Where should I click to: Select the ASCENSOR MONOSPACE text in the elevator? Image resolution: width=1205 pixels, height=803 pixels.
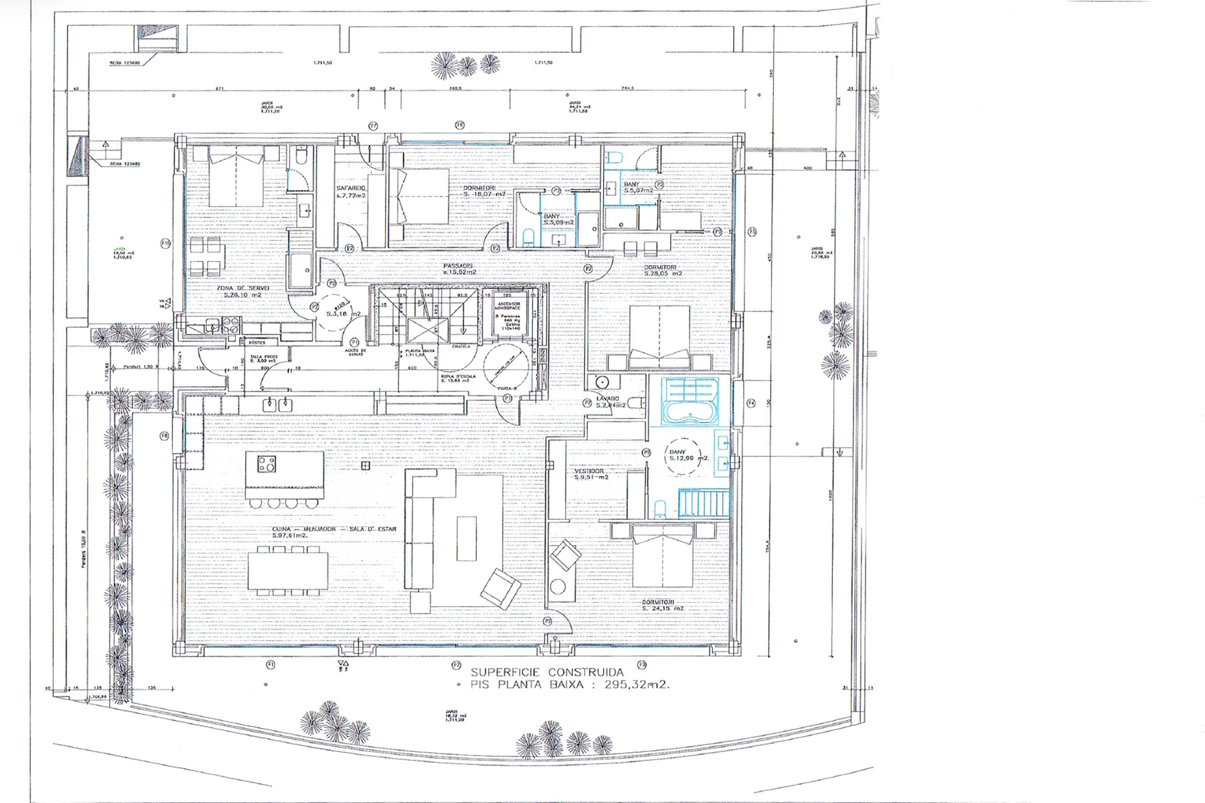(507, 304)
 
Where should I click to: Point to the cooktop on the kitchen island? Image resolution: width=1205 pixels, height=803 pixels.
(266, 464)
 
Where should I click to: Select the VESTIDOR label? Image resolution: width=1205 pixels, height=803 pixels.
(589, 470)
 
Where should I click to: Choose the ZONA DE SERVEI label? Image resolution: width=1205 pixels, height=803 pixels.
(242, 288)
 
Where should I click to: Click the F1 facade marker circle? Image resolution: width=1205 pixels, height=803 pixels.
(270, 664)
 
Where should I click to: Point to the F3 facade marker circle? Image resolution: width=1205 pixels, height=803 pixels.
(641, 664)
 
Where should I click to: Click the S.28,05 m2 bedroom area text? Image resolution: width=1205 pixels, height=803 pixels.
(663, 273)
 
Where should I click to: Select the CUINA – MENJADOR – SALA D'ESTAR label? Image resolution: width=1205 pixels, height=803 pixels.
(334, 529)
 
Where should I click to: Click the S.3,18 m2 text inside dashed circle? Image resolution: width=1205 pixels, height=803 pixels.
(343, 313)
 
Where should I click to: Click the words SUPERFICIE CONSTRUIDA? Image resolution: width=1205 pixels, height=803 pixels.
(547, 672)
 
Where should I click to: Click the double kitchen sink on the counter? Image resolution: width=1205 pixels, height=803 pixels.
(277, 404)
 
